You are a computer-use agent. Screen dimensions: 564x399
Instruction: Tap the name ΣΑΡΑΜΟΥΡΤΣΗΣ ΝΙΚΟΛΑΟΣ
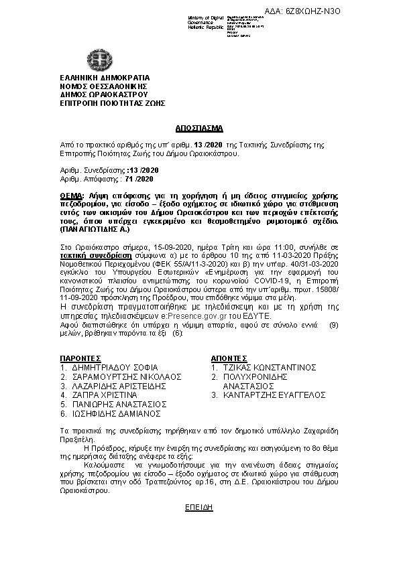tap(124, 377)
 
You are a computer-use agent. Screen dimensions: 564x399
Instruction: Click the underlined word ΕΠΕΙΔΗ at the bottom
tap(198, 508)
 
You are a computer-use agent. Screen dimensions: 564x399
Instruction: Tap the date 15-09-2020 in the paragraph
tap(154, 247)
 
